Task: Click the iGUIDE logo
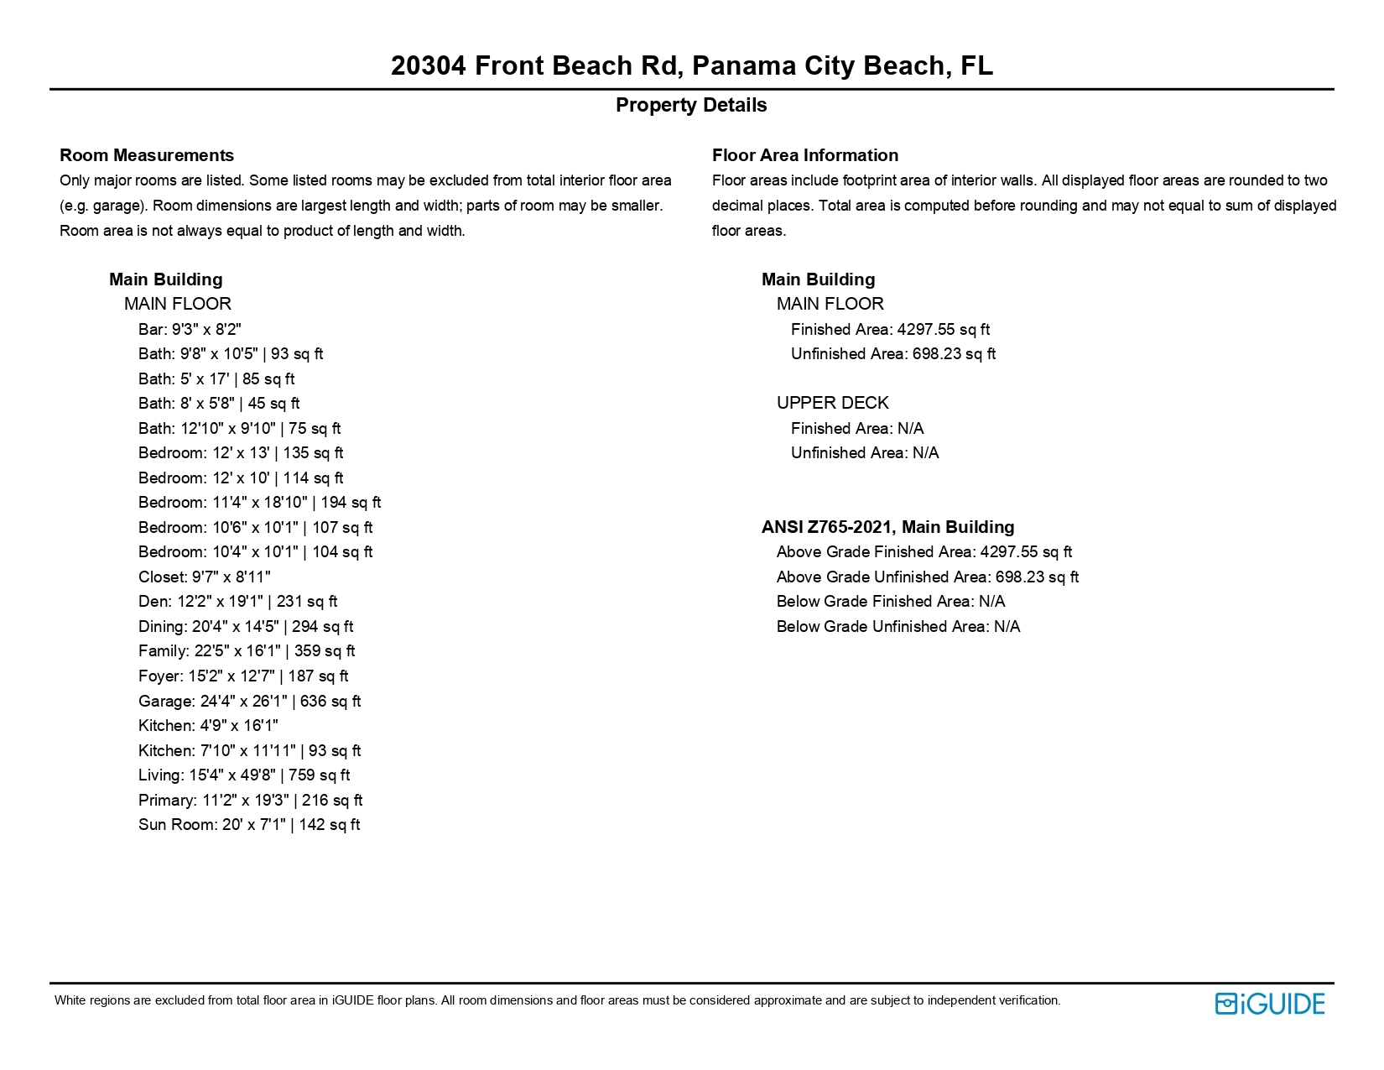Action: (1269, 1003)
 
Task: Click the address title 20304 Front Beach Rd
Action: (691, 65)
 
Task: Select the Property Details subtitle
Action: (691, 105)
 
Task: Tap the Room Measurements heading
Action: (147, 155)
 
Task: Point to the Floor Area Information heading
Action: (804, 155)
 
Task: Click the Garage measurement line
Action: (249, 701)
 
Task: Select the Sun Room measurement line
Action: (249, 824)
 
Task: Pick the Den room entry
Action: (237, 601)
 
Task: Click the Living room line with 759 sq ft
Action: (244, 775)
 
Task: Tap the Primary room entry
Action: (250, 800)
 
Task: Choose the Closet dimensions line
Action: (204, 577)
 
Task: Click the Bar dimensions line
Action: (190, 329)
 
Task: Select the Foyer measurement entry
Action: (243, 676)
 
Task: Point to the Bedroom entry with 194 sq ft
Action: (259, 502)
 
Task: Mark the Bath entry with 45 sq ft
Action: (219, 403)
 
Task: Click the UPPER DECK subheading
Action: (832, 403)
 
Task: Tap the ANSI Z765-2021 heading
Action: (887, 527)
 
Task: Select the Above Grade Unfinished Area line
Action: (927, 577)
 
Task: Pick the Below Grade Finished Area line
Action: (890, 601)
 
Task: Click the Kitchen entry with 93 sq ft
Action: (249, 750)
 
